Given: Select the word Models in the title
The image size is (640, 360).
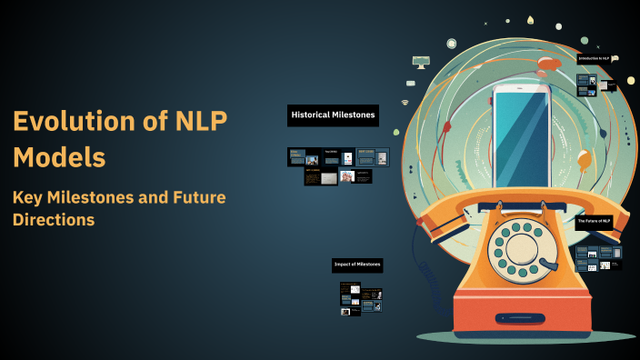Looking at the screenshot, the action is (x=58, y=156).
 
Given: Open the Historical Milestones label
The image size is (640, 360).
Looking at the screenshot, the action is (x=333, y=115).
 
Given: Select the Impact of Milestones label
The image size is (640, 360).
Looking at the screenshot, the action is (x=357, y=265).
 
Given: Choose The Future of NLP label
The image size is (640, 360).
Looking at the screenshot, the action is (x=594, y=221).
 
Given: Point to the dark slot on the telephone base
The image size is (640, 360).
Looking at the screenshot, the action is (x=521, y=318).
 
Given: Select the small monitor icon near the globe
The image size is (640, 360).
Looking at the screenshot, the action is (x=420, y=62).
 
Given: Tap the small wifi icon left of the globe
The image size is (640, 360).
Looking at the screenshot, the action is (x=405, y=102).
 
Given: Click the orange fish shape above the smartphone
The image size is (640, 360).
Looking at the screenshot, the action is (x=548, y=64).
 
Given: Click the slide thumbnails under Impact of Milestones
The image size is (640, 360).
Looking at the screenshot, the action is (x=361, y=298).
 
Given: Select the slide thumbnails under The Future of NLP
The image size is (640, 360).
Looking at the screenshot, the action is (x=599, y=257).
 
